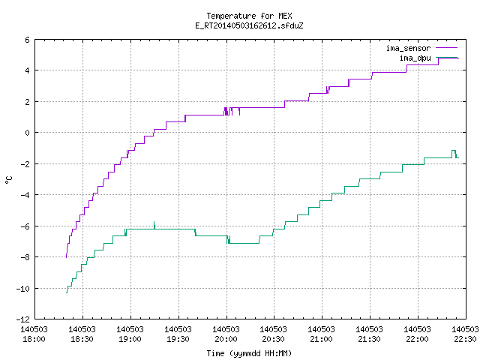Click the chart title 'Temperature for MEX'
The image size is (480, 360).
point(249,16)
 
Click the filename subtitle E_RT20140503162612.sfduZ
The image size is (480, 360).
point(249,25)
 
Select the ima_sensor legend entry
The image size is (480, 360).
point(421,48)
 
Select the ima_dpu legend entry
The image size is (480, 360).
point(428,58)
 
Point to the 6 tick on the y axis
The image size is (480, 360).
point(28,40)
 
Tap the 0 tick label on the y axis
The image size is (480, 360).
point(28,133)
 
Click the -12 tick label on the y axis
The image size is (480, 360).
point(23,319)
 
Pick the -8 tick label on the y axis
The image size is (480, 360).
point(25,257)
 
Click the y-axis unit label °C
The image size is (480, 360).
point(8,180)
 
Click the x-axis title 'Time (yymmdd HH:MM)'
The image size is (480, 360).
point(249,353)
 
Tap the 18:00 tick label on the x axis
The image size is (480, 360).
point(34,334)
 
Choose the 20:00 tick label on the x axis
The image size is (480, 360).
point(226,334)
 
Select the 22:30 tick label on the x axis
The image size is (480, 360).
point(465,334)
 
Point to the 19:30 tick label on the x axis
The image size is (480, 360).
point(178,334)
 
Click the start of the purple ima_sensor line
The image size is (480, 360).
point(67,257)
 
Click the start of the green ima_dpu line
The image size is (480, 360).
point(67,293)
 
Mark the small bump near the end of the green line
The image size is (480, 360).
point(454,152)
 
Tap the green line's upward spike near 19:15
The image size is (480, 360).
point(154,225)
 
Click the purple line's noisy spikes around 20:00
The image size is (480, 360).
point(232,111)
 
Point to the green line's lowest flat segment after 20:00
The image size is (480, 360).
point(244,243)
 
